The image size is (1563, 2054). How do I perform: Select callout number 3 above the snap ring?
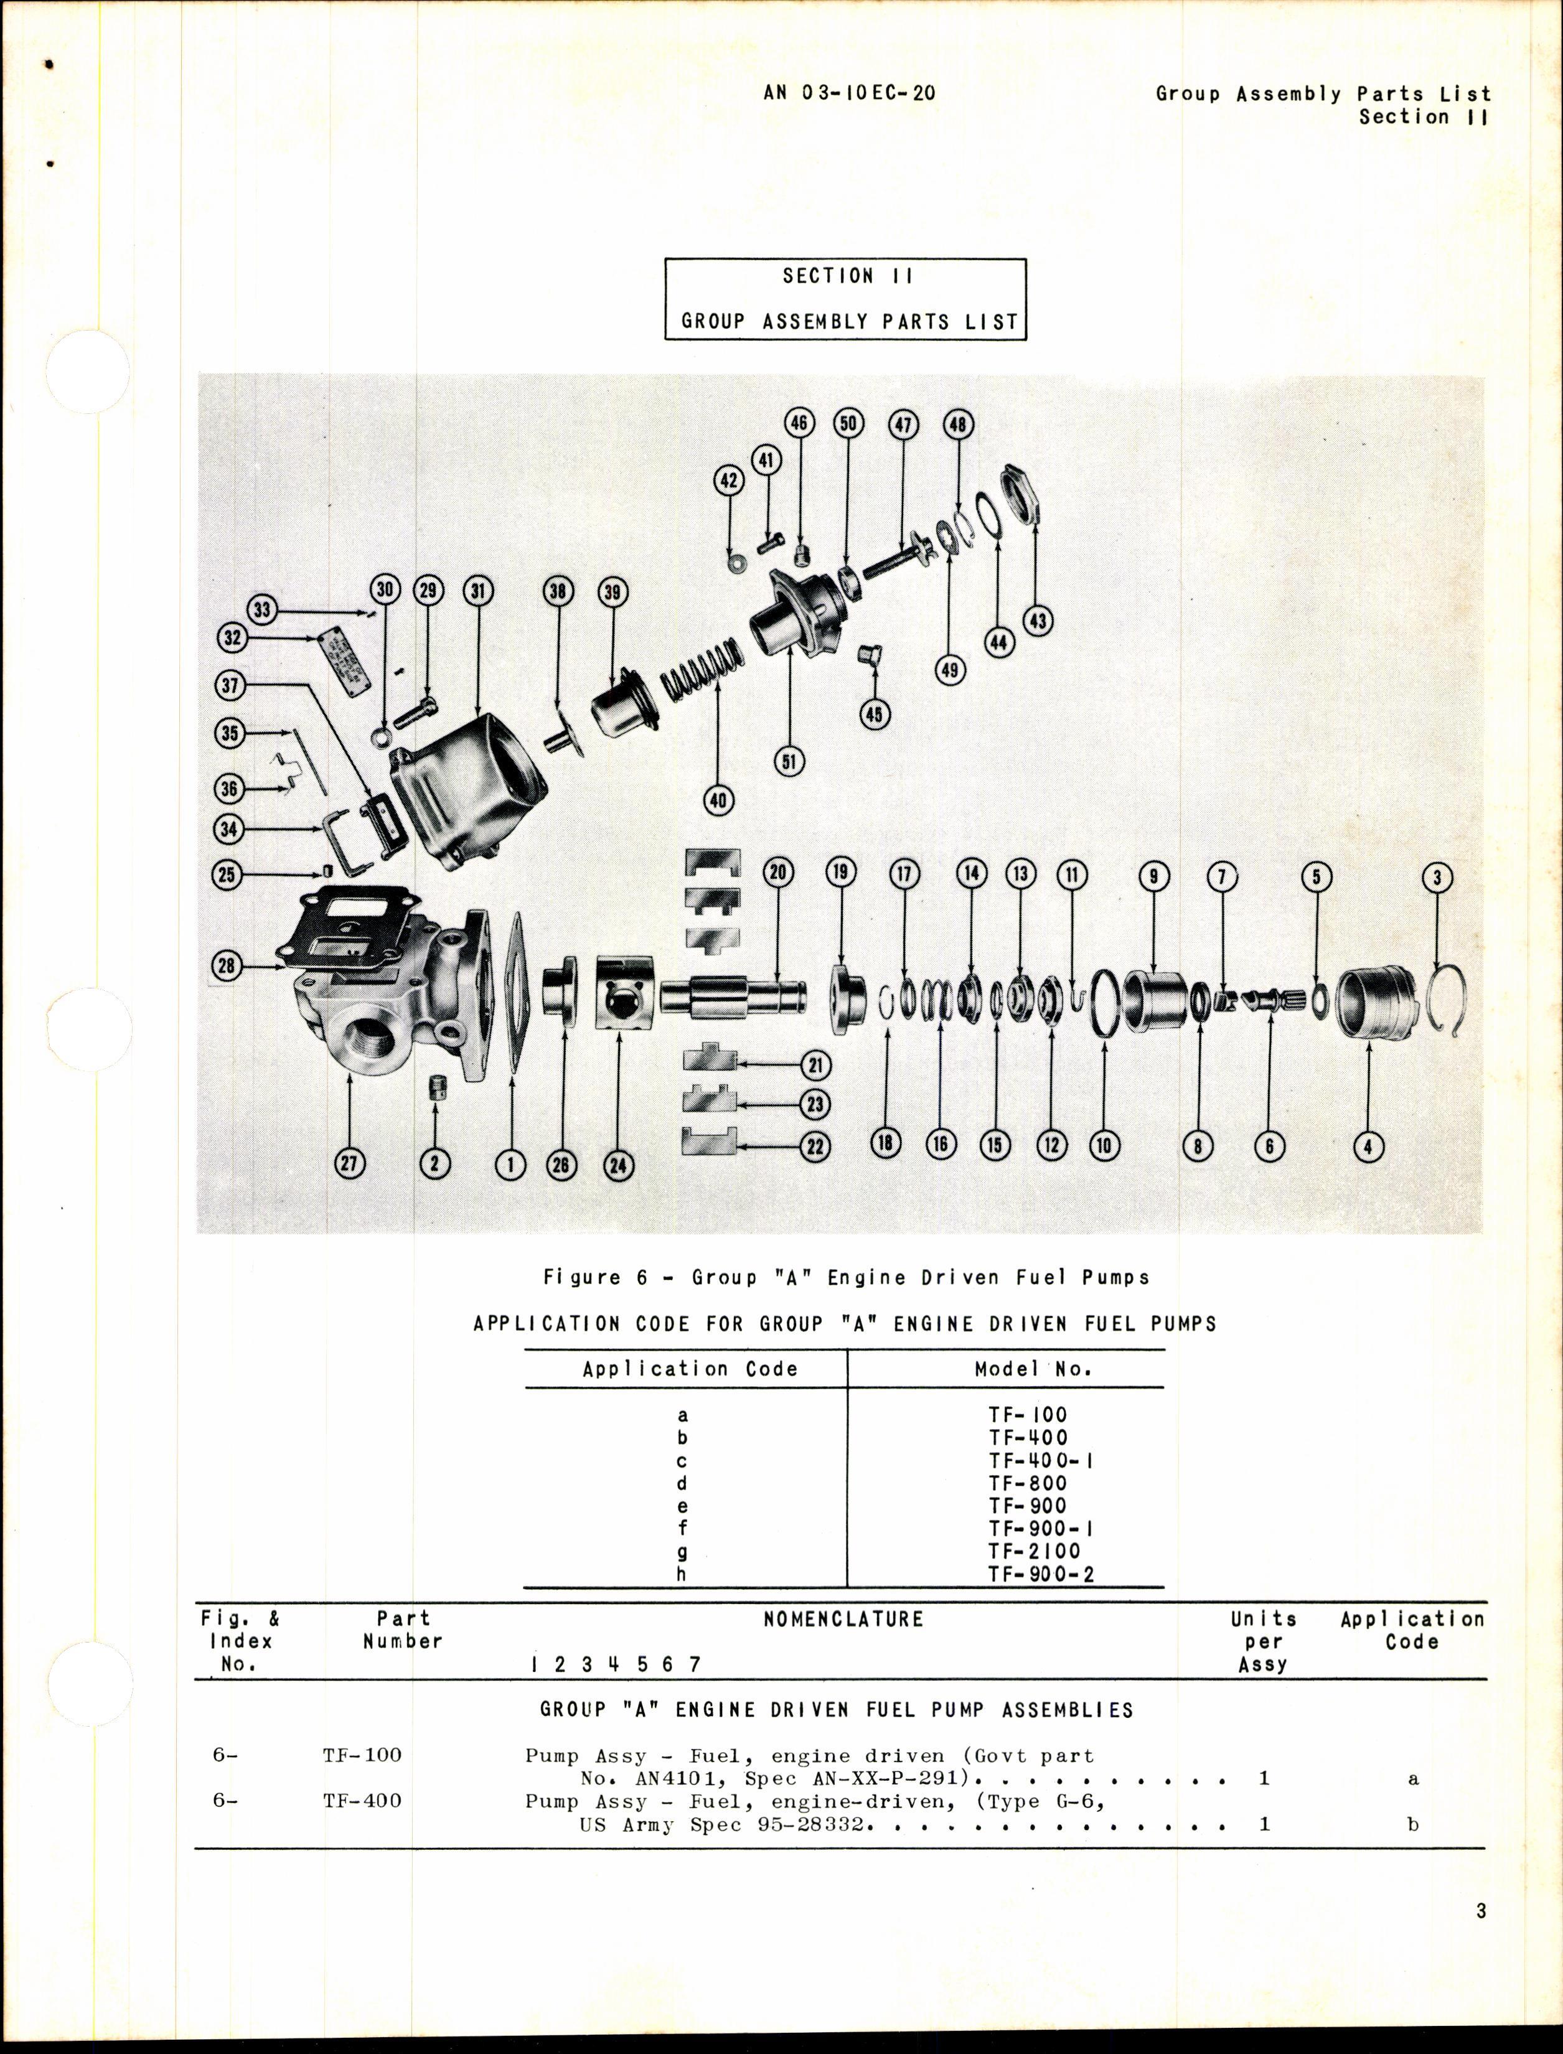click(1437, 876)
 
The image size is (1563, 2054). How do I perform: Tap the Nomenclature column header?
click(843, 1620)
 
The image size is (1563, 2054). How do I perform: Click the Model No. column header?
click(1033, 1369)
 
